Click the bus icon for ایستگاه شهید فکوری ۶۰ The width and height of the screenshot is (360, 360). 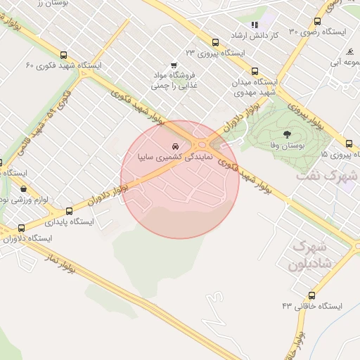pyautogui.click(x=64, y=55)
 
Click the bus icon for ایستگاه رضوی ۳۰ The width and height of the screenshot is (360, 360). pyautogui.click(x=317, y=22)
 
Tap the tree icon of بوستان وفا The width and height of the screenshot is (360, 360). pyautogui.click(x=286, y=134)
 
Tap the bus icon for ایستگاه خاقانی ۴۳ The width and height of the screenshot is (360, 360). pyautogui.click(x=311, y=295)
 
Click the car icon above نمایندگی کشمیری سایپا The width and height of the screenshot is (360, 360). pyautogui.click(x=175, y=147)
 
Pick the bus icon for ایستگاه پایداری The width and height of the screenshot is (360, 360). pyautogui.click(x=69, y=211)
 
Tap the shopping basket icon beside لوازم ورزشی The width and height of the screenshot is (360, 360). pyautogui.click(x=25, y=188)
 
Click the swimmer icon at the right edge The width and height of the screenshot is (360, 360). pyautogui.click(x=349, y=51)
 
